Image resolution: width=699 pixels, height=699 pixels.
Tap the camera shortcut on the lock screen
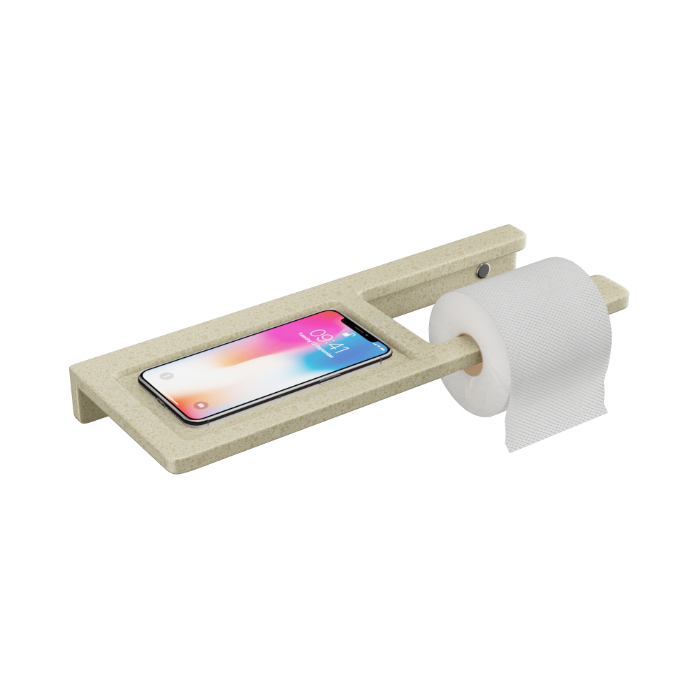201,403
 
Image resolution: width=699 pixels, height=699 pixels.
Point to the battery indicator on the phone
378,345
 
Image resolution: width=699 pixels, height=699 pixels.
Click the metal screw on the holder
483,269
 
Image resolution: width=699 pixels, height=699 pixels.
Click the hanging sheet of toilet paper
552,419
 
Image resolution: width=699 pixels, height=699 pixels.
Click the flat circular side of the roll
461,363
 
